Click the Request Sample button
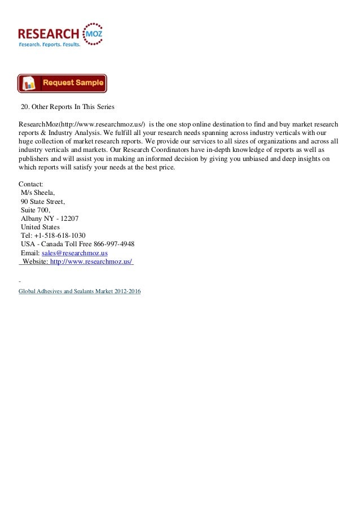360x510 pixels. point(62,83)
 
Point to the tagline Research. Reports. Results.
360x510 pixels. point(50,44)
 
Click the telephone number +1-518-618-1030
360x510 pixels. point(60,235)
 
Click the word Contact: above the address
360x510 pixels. point(31,184)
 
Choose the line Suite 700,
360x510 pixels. point(36,210)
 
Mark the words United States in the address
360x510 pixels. point(44,227)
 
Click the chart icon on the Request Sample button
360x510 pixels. point(30,84)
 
